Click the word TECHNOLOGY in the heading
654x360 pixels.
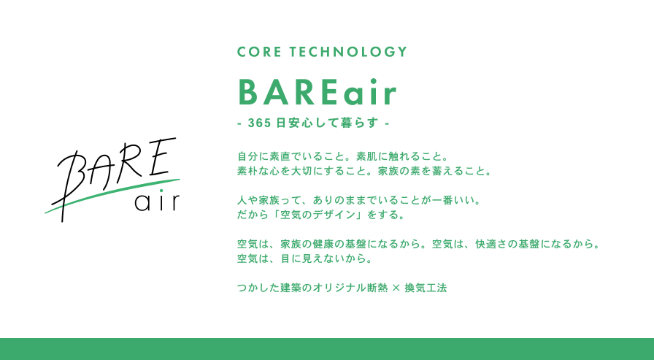348,52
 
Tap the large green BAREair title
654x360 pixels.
317,92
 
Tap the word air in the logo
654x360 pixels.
157,202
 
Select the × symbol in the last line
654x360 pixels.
396,288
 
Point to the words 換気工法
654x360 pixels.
426,288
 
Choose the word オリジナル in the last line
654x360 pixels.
340,288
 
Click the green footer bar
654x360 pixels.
327,349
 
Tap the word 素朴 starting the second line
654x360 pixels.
247,171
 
